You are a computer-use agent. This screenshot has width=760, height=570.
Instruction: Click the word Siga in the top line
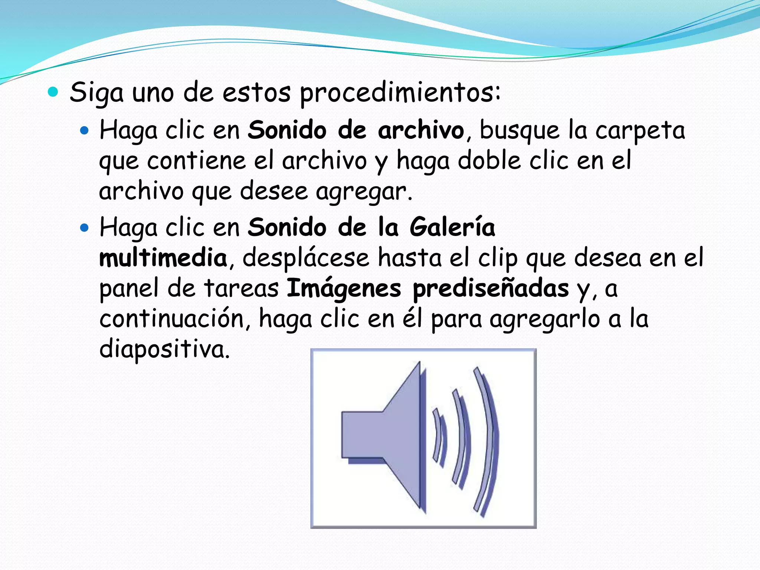tap(96, 93)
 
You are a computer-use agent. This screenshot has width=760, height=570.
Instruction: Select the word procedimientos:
tap(400, 93)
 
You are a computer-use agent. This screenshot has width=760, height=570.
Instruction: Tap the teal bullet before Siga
tap(53, 92)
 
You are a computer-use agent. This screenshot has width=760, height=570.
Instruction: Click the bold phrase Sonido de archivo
tap(356, 131)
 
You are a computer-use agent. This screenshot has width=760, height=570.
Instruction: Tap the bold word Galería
tap(452, 227)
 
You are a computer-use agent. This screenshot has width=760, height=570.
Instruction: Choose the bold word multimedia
tap(163, 258)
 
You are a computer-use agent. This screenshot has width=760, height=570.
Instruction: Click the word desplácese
tap(306, 258)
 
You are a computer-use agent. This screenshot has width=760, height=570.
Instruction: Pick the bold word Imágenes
tap(344, 289)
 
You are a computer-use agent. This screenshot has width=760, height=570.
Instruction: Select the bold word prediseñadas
tap(491, 289)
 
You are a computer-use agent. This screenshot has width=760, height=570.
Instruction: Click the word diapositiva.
tap(164, 349)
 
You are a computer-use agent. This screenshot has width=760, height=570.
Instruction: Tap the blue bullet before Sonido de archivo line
tap(85, 130)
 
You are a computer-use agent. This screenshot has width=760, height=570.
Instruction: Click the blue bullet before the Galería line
tap(85, 227)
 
